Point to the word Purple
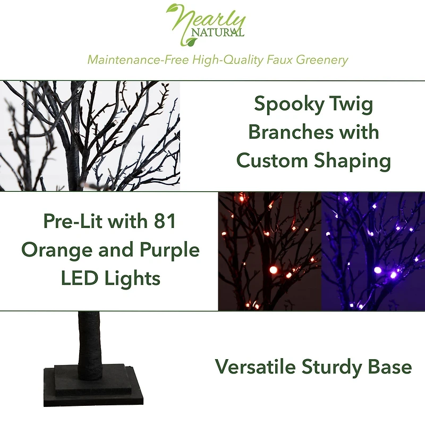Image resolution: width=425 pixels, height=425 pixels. pyautogui.click(x=167, y=250)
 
